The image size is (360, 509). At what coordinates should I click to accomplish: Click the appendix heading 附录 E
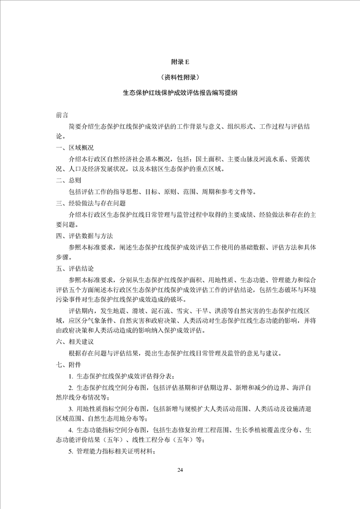tap(180, 62)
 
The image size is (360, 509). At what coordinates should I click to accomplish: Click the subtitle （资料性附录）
tap(180, 77)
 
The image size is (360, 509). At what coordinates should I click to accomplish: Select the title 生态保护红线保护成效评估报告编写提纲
tap(180, 93)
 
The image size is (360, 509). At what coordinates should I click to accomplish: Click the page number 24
tap(180, 469)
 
